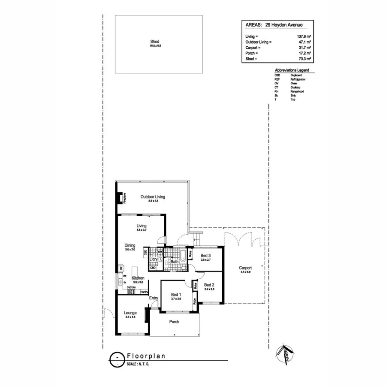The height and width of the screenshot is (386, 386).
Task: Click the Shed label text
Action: coord(155,41)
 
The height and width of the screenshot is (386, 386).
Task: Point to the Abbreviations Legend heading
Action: coord(292,70)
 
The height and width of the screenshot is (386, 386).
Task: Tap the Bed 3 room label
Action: coord(206,256)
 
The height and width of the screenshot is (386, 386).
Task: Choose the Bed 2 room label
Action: coord(209,285)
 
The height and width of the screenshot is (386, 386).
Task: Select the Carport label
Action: coord(245,268)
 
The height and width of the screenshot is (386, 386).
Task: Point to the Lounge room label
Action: coord(130,313)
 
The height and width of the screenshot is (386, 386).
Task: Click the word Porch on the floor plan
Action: coord(174,322)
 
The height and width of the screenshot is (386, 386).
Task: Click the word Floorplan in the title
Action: coord(146,356)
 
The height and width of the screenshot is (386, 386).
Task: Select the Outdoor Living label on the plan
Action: coord(153,197)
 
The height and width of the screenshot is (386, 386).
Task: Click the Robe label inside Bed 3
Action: coord(190,254)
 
